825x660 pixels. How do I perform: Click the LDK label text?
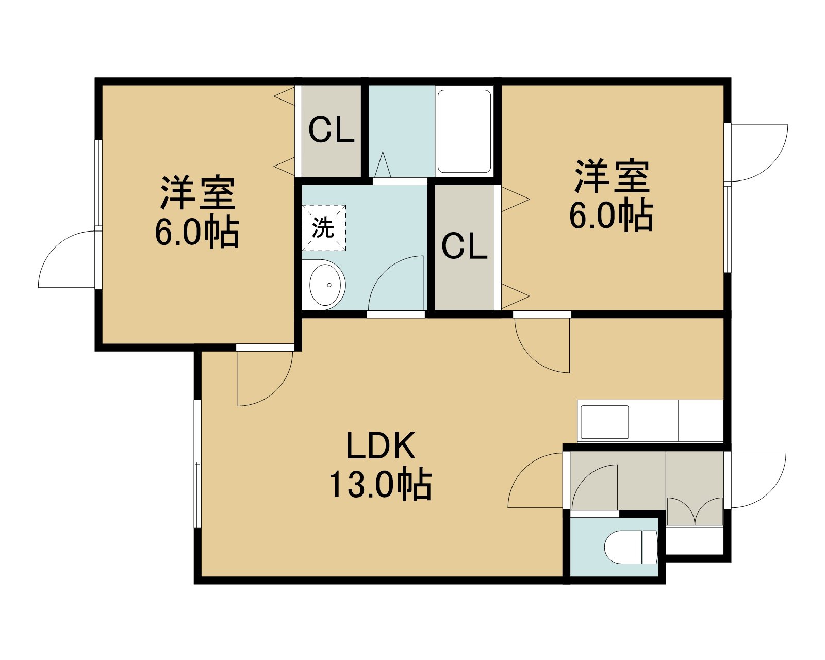click(381, 445)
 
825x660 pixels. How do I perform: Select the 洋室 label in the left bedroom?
click(198, 193)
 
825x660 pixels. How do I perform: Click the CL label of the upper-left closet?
click(331, 130)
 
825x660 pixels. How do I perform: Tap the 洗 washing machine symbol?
click(324, 228)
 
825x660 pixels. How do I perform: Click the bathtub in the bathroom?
click(464, 131)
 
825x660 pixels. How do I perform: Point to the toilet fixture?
click(631, 547)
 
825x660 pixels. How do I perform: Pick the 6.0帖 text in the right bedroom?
click(611, 215)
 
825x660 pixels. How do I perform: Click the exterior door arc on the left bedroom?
click(55, 247)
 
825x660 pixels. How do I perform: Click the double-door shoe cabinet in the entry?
click(695, 511)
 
